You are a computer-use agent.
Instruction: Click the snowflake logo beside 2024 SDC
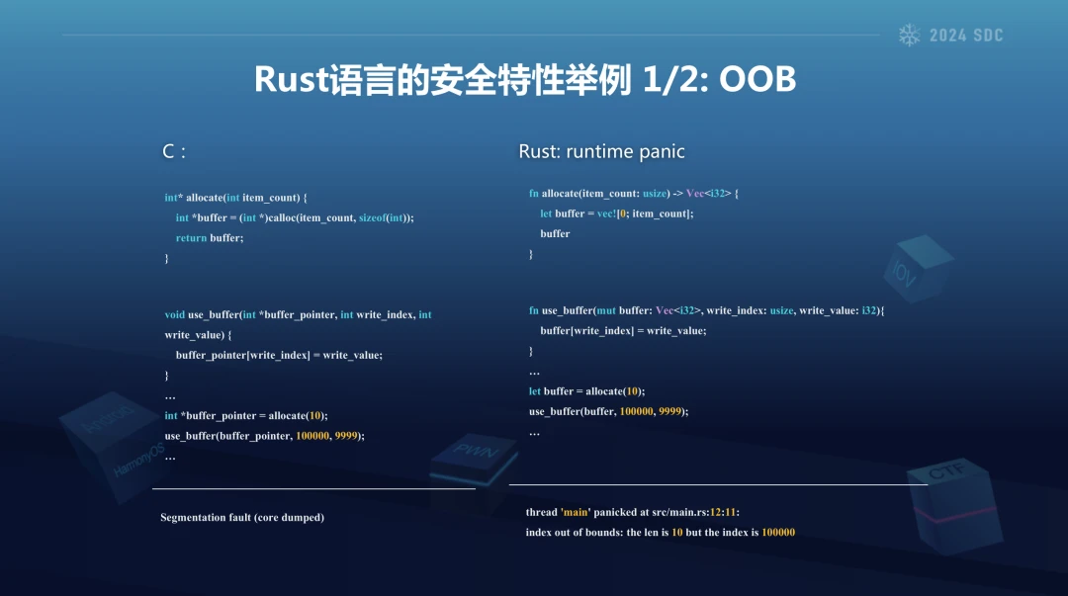coord(910,35)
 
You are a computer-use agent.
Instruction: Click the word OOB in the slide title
coord(757,79)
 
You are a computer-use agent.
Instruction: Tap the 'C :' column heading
coord(174,151)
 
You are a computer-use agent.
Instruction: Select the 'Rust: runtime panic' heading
coord(601,151)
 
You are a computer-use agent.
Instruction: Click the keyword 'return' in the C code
coord(191,238)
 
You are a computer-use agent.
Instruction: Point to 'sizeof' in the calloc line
coord(372,218)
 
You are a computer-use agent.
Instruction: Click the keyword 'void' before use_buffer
coord(174,314)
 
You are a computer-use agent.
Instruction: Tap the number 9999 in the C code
coord(346,436)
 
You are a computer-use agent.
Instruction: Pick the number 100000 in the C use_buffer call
coord(312,436)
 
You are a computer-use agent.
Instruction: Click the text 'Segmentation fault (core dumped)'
coord(242,518)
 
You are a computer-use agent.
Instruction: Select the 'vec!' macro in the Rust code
coord(606,213)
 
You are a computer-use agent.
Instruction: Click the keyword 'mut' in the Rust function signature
coord(606,310)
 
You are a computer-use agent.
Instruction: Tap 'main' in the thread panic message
coord(575,512)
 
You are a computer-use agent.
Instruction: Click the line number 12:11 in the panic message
coord(723,512)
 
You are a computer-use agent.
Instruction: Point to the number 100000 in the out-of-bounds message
coord(778,533)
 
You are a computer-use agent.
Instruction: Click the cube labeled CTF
coord(955,503)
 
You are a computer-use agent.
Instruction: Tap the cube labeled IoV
coord(918,268)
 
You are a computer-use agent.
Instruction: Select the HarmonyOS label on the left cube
coord(139,460)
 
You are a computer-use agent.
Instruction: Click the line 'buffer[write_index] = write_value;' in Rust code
coord(623,331)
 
